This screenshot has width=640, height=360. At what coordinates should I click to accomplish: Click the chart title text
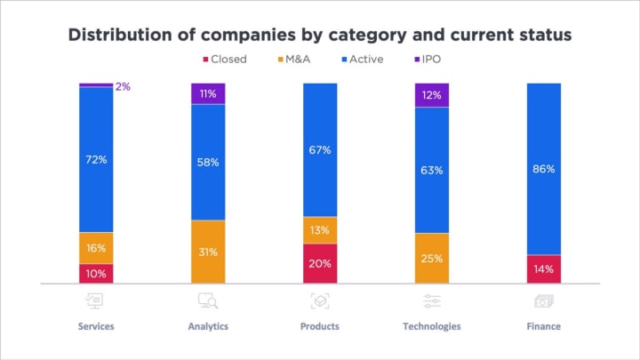[x=320, y=36]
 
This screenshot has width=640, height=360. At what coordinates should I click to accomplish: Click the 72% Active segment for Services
[x=96, y=159]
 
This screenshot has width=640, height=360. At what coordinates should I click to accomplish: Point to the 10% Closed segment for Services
[x=96, y=274]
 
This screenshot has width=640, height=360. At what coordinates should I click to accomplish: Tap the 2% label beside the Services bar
[x=123, y=87]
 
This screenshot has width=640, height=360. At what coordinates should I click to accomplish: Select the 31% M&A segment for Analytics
[x=208, y=252]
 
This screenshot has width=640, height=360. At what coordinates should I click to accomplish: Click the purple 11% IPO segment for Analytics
[x=208, y=92]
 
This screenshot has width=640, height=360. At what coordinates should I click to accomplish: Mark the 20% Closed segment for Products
[x=320, y=263]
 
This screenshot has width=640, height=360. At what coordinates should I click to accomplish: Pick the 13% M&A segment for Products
[x=320, y=229]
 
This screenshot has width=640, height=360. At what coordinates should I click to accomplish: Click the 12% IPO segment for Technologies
[x=432, y=94]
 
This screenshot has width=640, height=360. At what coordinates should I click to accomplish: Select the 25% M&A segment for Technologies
[x=432, y=258]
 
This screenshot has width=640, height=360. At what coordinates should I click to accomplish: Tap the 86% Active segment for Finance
[x=543, y=169]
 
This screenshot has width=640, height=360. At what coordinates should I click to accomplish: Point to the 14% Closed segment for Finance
[x=543, y=269]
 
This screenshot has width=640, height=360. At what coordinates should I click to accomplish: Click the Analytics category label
[x=208, y=326]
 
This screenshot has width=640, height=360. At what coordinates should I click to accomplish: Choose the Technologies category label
[x=432, y=326]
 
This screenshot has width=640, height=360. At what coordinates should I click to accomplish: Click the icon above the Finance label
[x=543, y=301]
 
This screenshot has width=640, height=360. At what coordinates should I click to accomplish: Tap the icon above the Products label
[x=320, y=301]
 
